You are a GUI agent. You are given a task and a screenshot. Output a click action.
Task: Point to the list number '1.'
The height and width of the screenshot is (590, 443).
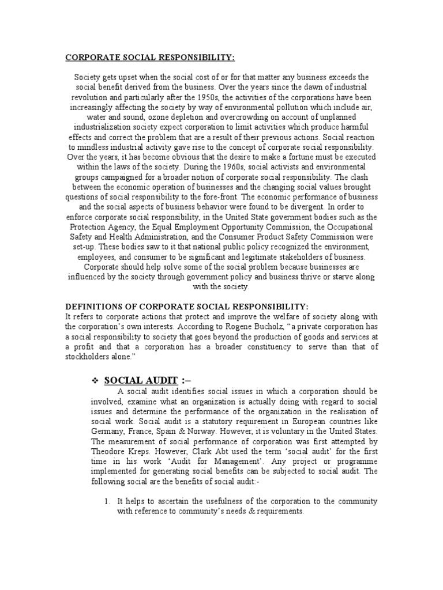(x=107, y=501)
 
